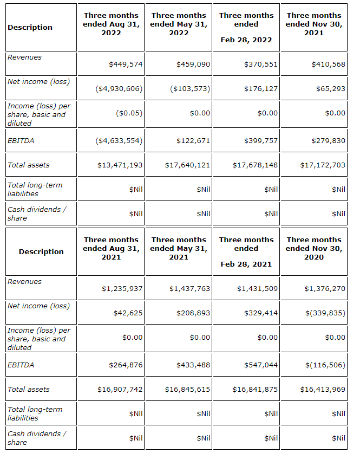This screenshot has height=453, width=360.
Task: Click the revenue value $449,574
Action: [126, 64]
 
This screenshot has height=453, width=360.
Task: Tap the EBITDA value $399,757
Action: [261, 141]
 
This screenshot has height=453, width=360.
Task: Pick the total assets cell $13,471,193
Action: [120, 165]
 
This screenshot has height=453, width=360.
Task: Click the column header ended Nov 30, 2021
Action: [314, 24]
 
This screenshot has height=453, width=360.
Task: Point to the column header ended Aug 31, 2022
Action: [111, 24]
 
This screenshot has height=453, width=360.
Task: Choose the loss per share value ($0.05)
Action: [129, 113]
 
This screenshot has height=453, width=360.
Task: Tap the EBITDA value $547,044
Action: [261, 365]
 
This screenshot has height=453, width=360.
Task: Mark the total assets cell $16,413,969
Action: [323, 390]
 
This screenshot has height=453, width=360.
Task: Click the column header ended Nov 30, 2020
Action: [314, 248]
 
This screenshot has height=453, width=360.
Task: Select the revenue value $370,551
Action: [261, 64]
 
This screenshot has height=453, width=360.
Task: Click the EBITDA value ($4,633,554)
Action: [119, 141]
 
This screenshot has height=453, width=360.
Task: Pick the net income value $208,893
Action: [193, 313]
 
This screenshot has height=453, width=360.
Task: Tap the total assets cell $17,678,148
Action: [255, 165]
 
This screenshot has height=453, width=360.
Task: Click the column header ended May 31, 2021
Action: [179, 248]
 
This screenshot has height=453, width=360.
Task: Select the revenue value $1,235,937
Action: [122, 289]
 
